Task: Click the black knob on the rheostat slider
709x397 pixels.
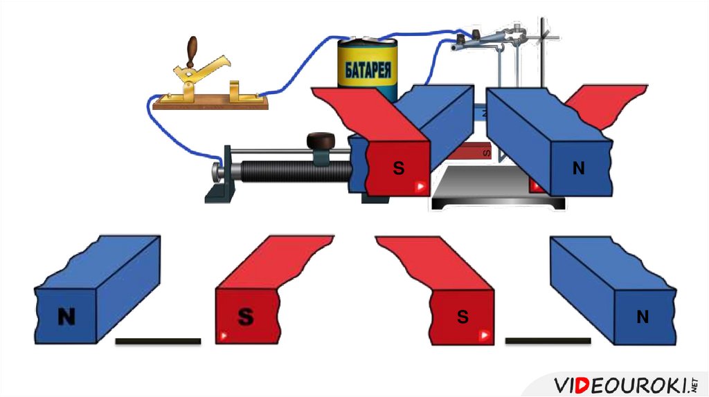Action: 320,140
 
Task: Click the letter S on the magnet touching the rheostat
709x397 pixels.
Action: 398,168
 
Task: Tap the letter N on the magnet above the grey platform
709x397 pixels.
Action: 578,168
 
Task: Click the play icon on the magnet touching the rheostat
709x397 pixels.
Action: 420,187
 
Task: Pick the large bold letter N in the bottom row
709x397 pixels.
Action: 66,317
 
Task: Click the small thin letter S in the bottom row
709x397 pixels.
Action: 463,317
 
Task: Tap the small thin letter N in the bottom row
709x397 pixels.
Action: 643,317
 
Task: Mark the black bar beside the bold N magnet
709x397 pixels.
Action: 158,341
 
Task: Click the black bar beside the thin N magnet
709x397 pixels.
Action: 548,341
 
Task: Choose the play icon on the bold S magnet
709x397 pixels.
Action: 223,337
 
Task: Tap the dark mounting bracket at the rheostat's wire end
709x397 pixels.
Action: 222,181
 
